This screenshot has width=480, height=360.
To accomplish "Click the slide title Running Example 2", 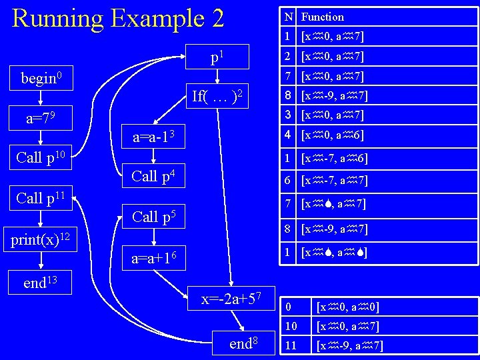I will (x=118, y=18).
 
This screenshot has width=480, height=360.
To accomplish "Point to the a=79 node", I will (x=41, y=119).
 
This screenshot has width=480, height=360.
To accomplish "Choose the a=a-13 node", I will (x=153, y=138).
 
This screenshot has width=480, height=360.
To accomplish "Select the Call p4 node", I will (x=153, y=177).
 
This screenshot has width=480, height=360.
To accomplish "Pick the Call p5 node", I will (x=153, y=216).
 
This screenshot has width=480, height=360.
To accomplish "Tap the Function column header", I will (x=323, y=17).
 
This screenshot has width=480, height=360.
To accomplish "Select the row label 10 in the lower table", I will (x=291, y=326).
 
